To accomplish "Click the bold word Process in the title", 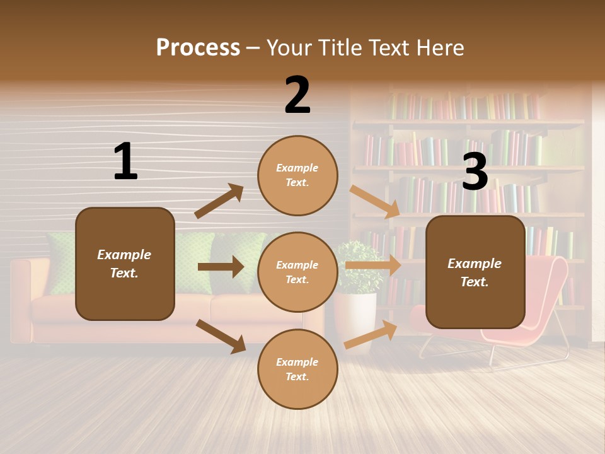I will tap(198, 48).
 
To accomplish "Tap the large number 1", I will tap(125, 161).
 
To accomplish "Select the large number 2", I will tap(297, 95).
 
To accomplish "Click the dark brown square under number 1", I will tap(125, 264).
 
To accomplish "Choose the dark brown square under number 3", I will tap(475, 272).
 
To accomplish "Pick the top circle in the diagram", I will tap(297, 175).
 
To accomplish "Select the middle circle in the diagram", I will tap(297, 272).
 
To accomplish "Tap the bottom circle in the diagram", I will tap(297, 370).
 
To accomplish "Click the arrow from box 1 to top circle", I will tap(219, 201).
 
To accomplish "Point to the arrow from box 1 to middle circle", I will tap(221, 267).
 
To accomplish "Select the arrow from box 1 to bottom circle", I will tap(221, 336).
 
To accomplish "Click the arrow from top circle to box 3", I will tap(374, 201).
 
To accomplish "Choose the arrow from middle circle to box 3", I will tap(372, 265).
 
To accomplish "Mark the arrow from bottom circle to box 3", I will tap(371, 335).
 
